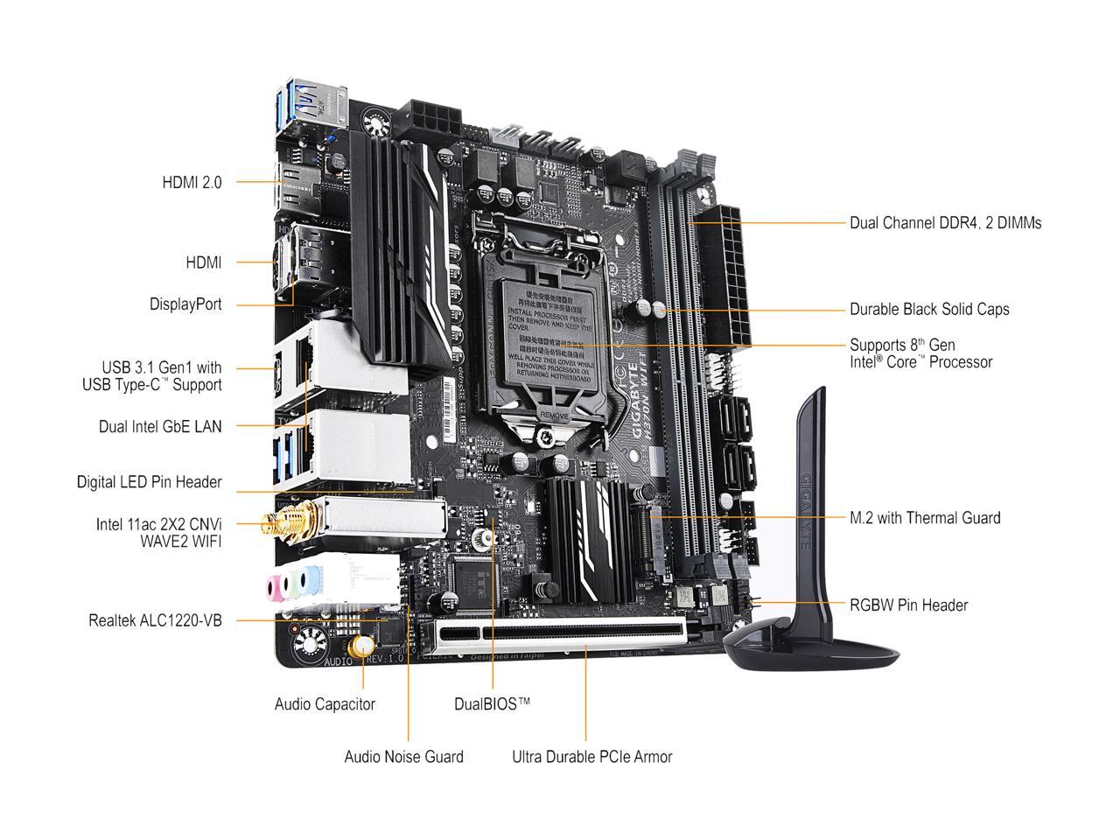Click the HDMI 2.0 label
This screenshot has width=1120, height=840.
click(192, 182)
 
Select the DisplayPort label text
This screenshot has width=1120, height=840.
click(185, 304)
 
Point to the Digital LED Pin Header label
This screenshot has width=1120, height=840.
click(149, 482)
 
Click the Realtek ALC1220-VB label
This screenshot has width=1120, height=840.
click(155, 620)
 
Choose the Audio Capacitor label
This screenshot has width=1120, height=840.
click(325, 704)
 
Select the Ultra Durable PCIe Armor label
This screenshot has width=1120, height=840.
click(591, 757)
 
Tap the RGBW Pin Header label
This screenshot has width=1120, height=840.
click(908, 605)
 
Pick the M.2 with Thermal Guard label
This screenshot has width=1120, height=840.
click(925, 518)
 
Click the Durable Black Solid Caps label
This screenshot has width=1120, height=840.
click(929, 310)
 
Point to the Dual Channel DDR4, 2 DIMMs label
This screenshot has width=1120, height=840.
click(945, 223)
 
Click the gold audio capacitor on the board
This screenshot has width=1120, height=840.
click(360, 648)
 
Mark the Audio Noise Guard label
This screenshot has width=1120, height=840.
click(403, 757)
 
